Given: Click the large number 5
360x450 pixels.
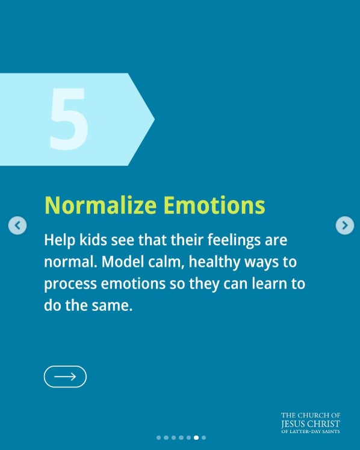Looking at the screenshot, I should [x=69, y=119].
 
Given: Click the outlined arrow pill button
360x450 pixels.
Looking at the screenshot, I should [x=65, y=377].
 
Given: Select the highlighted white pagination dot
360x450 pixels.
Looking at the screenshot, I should [x=196, y=438].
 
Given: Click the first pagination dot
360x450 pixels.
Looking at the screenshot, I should [x=159, y=438].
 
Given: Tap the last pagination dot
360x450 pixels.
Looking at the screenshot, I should [x=204, y=438].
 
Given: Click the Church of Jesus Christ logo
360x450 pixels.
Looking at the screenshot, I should [x=310, y=423].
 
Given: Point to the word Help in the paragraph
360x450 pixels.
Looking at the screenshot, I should [x=58, y=240].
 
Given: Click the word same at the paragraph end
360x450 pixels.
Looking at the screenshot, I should [x=111, y=305].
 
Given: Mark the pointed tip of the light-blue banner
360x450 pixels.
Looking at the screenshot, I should [x=154, y=119].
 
